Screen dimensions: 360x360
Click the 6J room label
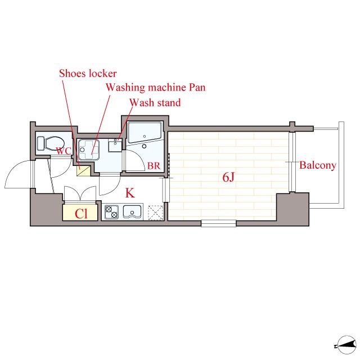[x=228, y=177]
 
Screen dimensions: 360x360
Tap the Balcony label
[x=318, y=165]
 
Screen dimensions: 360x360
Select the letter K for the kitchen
[x=130, y=193]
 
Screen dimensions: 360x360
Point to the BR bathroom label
[x=154, y=165]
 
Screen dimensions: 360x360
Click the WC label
[x=64, y=151]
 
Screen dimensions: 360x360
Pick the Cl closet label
[x=81, y=214]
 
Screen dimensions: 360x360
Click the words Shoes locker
[x=88, y=74]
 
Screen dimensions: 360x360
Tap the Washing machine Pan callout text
[x=155, y=88]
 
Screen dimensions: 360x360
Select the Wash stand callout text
[x=155, y=102]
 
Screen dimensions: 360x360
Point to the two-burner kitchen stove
[x=111, y=212]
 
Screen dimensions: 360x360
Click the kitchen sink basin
[x=132, y=211]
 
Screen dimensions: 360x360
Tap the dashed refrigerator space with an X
[x=155, y=213]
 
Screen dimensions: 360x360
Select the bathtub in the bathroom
[x=145, y=133]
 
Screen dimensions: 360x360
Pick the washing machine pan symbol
[x=89, y=150]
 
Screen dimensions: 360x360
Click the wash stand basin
[x=115, y=145]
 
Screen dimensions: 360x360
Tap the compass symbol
[x=346, y=345]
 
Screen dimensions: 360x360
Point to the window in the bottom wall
[x=219, y=223]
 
